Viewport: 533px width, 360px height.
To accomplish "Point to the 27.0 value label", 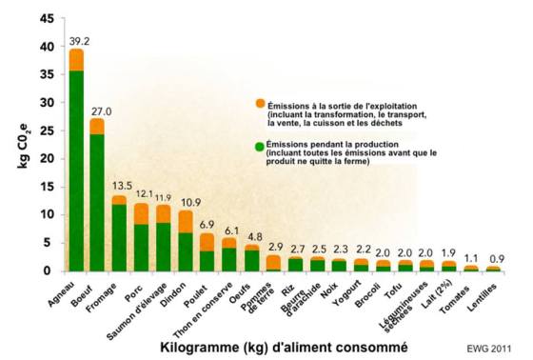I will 101,110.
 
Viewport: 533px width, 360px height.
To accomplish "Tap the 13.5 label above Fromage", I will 122,186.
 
